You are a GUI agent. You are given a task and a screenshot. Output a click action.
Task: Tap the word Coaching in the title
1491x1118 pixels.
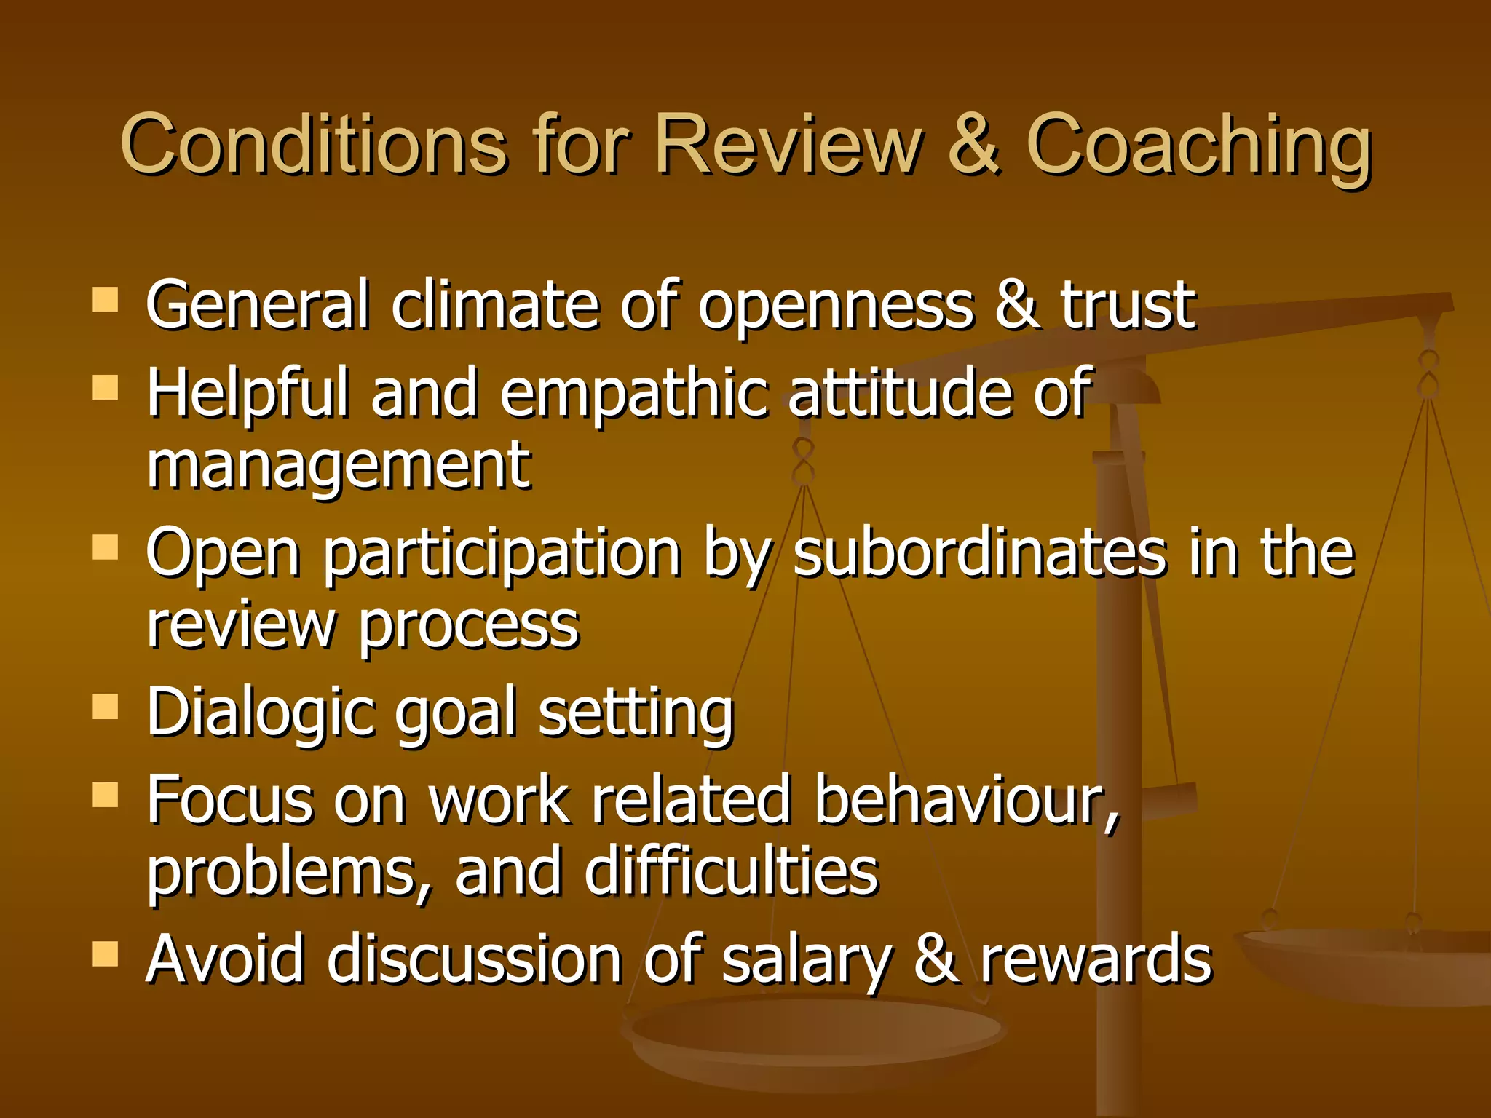coord(1198,146)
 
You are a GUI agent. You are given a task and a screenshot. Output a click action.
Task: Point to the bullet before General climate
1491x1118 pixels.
coord(106,299)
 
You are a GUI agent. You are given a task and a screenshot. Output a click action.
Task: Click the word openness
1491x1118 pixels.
coord(836,306)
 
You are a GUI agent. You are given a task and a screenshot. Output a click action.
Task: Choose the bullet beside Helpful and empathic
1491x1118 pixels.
coord(106,388)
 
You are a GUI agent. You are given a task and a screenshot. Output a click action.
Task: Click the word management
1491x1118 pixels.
coord(339,466)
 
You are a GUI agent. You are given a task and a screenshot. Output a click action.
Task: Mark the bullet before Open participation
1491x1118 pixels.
coord(106,547)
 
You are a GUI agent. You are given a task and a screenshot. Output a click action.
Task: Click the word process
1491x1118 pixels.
coord(470,626)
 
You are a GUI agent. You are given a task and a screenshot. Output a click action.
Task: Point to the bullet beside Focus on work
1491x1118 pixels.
coord(106,795)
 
